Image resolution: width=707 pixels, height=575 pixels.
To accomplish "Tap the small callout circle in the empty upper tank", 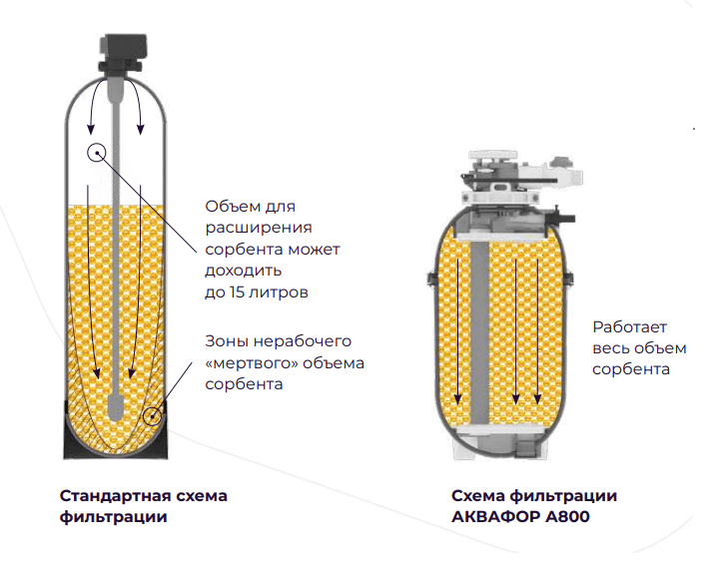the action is tap(96, 153).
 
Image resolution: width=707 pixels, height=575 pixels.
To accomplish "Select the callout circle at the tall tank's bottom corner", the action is tap(152, 414).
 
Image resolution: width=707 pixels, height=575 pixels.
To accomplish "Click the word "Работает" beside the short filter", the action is tap(630, 326).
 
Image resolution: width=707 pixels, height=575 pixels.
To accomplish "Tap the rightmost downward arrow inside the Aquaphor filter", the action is tap(538, 329).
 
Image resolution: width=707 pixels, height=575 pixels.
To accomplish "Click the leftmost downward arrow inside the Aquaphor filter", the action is tap(447, 329).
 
